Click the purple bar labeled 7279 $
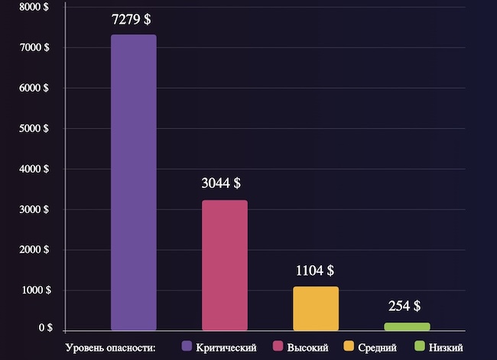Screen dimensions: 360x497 [133, 183]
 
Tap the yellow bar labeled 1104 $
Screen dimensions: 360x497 [315, 308]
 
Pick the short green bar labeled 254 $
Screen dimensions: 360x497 [406, 326]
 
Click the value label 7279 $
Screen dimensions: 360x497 [131, 20]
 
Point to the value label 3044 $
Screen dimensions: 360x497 [221, 183]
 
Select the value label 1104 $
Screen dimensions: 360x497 [314, 271]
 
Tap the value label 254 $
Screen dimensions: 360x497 [404, 306]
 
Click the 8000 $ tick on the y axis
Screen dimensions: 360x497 [34, 7]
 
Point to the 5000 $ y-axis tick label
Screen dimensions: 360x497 [34, 128]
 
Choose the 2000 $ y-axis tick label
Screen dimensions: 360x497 [34, 250]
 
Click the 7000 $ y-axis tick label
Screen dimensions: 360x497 [34, 47]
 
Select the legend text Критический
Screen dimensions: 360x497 [226, 348]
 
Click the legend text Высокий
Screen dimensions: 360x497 [308, 348]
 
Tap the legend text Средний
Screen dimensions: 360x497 [378, 348]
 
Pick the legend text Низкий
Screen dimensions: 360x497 [446, 348]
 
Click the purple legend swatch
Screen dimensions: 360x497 [187, 347]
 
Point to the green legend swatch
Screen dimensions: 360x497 [419, 347]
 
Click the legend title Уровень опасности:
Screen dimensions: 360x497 [111, 348]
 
